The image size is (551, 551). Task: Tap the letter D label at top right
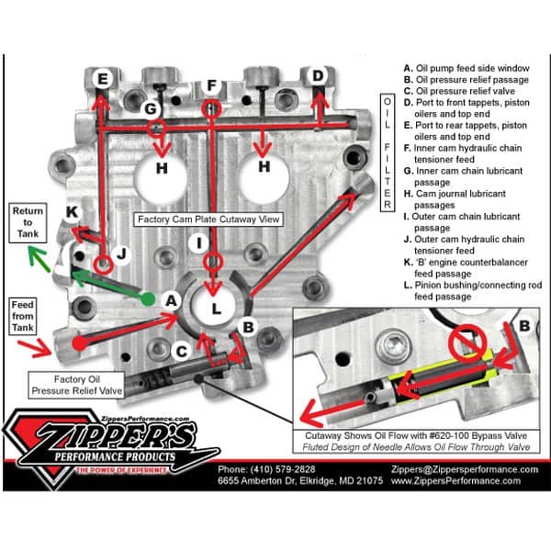point(317,75)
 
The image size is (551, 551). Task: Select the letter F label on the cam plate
point(211,86)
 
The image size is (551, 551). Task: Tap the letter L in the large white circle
point(217,309)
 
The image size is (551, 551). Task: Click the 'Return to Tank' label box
point(28,223)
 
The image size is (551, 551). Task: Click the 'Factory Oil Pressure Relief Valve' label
point(74,384)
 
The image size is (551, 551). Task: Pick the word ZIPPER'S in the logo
point(106,433)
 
